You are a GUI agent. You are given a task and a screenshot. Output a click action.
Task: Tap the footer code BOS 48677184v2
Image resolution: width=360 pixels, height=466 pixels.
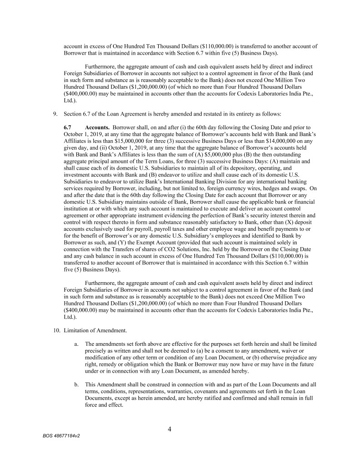61,436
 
